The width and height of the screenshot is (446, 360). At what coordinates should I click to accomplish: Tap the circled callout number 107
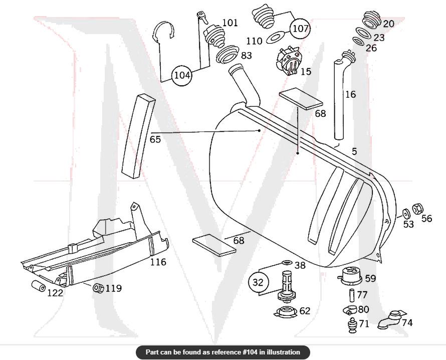point(300,28)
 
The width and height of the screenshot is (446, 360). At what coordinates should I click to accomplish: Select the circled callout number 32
point(258,282)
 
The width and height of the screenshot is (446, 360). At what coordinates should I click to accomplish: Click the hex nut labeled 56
point(416,208)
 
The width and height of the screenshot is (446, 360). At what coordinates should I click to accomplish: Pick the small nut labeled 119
point(99,288)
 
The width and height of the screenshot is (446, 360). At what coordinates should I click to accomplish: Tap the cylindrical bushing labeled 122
point(39,287)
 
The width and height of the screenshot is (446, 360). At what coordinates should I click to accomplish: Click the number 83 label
point(246,55)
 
